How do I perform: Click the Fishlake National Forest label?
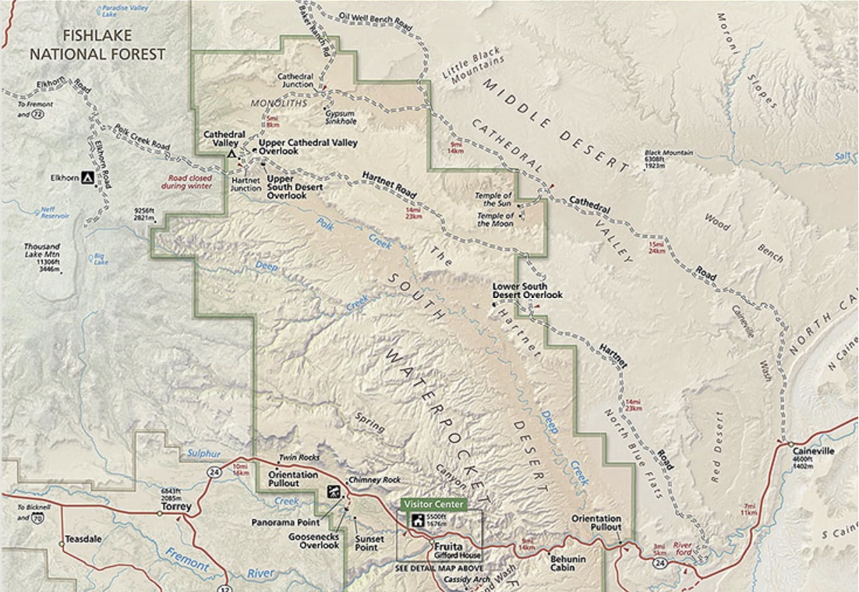click(x=97, y=45)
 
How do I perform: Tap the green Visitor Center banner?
click(x=433, y=505)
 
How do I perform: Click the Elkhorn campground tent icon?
click(x=88, y=178)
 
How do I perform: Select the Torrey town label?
click(x=171, y=506)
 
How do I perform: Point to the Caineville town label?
click(x=813, y=451)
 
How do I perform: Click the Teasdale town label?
click(x=83, y=538)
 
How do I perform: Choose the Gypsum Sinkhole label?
click(x=341, y=117)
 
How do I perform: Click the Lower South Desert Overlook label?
click(x=527, y=290)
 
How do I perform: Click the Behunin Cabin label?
click(x=567, y=563)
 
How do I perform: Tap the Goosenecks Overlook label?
click(x=320, y=541)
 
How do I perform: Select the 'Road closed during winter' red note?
click(x=187, y=182)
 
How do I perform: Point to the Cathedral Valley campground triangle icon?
click(x=231, y=154)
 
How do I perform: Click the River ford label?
click(x=683, y=546)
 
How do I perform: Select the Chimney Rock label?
click(x=370, y=480)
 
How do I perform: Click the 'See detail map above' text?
click(x=438, y=568)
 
